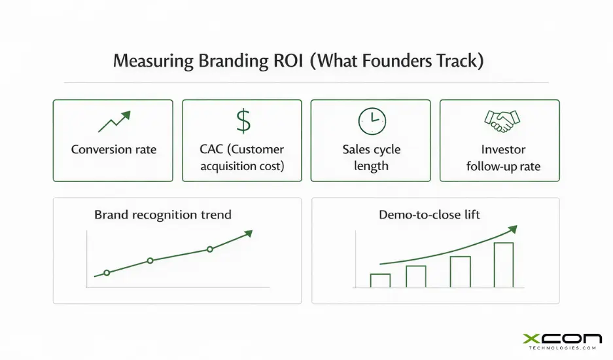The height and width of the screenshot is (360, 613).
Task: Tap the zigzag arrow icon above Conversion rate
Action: coord(113,121)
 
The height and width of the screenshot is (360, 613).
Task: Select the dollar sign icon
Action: coord(242,121)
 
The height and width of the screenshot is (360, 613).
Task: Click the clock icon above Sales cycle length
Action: coord(372,121)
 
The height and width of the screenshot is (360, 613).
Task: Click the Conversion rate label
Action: coord(113,149)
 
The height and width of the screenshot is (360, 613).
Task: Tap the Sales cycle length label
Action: coord(371,157)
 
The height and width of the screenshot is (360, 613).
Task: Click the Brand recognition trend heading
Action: coord(162,215)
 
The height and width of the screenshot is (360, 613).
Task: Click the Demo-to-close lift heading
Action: coord(429,215)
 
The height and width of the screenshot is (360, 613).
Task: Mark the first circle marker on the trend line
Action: coord(107,272)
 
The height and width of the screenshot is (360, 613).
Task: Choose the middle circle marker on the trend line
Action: coord(150,261)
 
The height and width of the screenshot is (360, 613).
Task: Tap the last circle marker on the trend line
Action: coord(210,249)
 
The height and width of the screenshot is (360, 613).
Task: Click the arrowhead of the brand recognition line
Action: coord(248,233)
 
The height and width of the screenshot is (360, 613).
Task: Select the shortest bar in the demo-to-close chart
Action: coord(380,280)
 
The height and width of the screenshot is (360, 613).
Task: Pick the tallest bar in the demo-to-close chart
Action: coord(503,264)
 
